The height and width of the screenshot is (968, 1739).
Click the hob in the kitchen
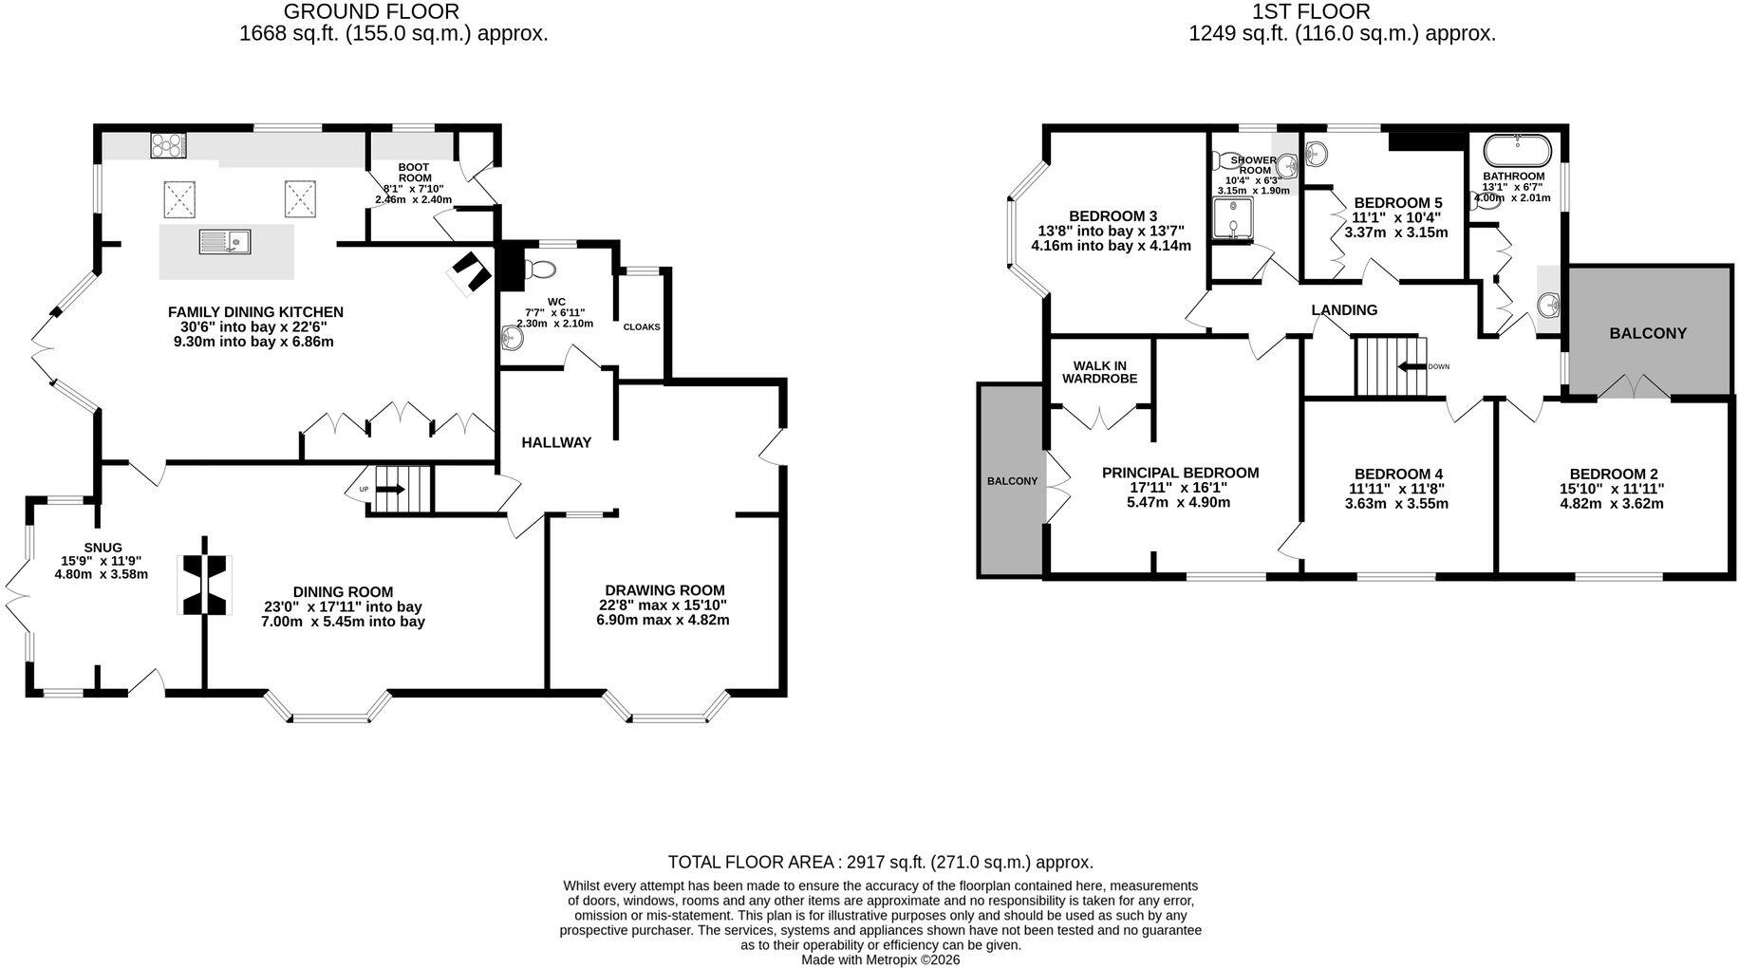168,145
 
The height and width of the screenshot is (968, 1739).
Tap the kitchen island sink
224,243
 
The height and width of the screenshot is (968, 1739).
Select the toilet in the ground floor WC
540,269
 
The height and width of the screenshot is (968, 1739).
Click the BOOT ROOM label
414,173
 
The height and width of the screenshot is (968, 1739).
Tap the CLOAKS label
642,327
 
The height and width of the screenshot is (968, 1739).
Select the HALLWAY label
556,442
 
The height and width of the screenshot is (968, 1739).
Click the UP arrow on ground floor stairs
390,490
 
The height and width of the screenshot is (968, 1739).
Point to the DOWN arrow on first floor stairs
1412,366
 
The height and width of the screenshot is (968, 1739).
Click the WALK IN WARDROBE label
1099,372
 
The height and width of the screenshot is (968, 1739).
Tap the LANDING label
1344,310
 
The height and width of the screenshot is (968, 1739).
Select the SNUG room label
103,548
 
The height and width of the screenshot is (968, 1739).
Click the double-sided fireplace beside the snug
205,585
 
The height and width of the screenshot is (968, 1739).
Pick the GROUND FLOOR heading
371,12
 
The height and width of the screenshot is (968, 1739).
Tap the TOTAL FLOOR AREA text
881,863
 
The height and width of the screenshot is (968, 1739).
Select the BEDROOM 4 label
1398,475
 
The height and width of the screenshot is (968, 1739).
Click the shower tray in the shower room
1233,218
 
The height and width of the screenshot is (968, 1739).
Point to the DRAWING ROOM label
664,590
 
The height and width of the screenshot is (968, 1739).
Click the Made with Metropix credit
881,959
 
